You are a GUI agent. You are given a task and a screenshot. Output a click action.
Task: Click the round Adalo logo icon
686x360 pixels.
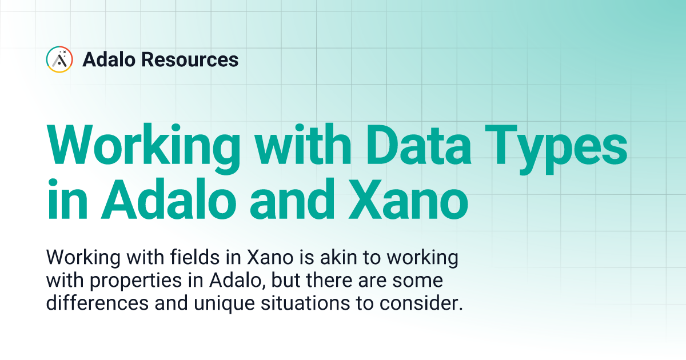[59, 59]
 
